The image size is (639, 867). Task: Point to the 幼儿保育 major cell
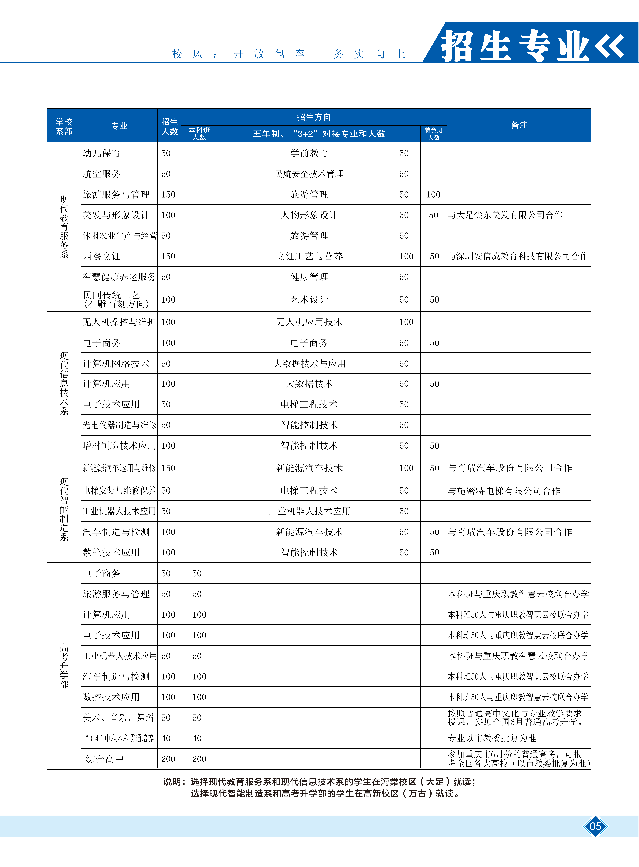coord(101,153)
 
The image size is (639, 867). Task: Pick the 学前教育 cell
coord(309,153)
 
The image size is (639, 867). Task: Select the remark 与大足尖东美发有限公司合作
coord(505,215)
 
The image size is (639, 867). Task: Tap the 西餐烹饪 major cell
coord(101,256)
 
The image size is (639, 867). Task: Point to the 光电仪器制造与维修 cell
coord(119,425)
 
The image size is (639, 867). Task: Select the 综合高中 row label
coord(104,759)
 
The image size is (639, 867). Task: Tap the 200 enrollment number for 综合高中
coord(168,759)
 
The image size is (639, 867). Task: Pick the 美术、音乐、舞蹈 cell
coord(118,718)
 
